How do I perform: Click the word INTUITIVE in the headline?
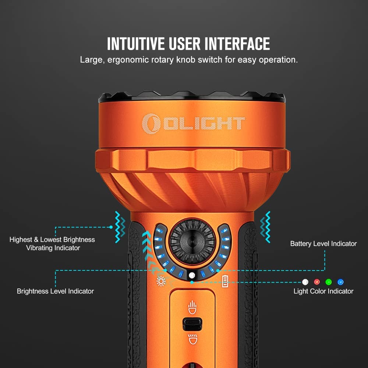tap(136, 44)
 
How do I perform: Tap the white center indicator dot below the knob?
tap(192, 275)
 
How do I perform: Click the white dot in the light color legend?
tap(305, 282)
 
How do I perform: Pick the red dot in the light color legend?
tap(317, 282)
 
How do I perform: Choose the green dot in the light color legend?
tap(329, 282)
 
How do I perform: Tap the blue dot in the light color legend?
tap(340, 282)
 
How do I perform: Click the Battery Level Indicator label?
tap(323, 244)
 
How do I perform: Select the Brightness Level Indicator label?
tap(55, 291)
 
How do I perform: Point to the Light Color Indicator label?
tap(323, 291)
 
